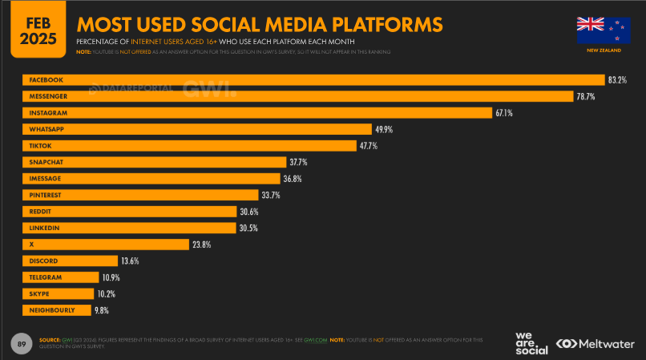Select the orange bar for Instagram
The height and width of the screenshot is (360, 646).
click(256, 113)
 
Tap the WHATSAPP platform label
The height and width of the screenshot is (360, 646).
click(46, 129)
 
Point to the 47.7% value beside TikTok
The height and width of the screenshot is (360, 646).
click(368, 146)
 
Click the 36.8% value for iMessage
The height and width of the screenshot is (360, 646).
click(292, 179)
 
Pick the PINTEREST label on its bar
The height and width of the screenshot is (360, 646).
click(46, 195)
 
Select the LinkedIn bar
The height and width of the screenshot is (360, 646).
click(128, 228)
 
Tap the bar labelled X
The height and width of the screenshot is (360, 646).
click(104, 245)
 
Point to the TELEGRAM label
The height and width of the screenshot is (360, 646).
click(46, 277)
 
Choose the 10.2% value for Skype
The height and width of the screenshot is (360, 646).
click(106, 293)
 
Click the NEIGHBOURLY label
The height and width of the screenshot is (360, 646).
click(52, 310)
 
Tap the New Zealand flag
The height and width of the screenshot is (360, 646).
click(604, 30)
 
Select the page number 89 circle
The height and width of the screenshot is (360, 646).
click(22, 344)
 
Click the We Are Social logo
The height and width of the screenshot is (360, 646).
click(531, 342)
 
